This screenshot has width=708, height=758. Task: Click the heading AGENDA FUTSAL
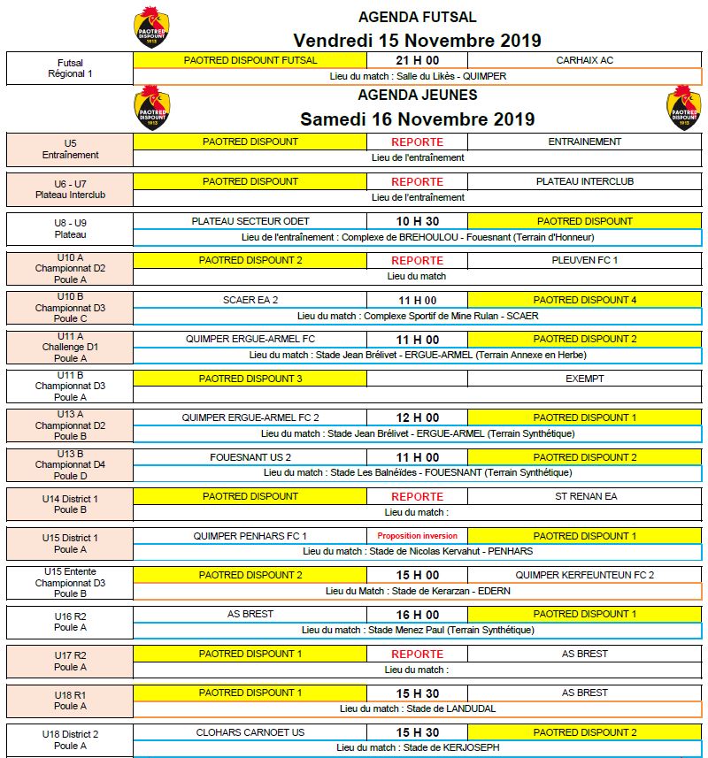point(417,17)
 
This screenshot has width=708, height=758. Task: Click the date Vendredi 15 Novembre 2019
point(417,41)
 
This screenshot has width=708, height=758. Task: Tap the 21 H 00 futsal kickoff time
point(417,60)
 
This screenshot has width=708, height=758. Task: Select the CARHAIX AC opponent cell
point(584,60)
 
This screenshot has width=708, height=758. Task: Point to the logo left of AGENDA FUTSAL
point(151,27)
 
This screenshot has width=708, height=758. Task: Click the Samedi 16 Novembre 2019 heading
point(417,119)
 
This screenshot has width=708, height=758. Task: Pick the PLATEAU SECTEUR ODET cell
point(250,221)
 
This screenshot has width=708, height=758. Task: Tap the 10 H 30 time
point(417,221)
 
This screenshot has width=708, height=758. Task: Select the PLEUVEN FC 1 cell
point(584,260)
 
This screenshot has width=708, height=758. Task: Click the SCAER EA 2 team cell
point(250,300)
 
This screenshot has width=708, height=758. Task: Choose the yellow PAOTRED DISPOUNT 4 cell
point(584,300)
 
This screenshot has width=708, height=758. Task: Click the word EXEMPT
point(584,379)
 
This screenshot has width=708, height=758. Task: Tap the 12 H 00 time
point(417,417)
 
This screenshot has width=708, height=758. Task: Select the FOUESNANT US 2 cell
point(250,457)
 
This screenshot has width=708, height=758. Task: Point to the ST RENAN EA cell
point(584,496)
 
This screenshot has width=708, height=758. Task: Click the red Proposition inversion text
point(417,536)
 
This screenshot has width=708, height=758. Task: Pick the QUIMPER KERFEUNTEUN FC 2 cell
point(584,575)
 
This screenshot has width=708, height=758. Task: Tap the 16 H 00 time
point(417,615)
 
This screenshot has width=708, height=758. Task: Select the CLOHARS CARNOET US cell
point(250,732)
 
